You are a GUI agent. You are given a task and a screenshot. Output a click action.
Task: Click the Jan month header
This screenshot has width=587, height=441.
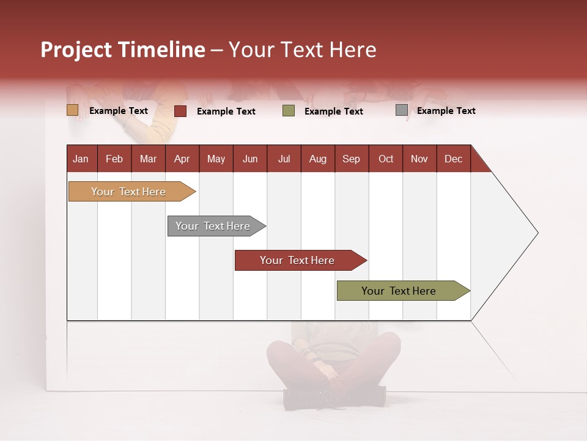pyautogui.click(x=81, y=159)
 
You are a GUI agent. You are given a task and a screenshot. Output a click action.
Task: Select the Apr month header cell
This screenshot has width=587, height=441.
pyautogui.click(x=182, y=159)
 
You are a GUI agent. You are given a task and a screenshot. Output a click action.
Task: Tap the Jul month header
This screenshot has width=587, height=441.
pyautogui.click(x=284, y=159)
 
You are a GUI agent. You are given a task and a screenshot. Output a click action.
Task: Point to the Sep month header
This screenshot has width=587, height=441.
pyautogui.click(x=351, y=159)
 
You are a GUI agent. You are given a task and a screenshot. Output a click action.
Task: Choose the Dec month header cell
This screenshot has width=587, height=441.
pyautogui.click(x=453, y=159)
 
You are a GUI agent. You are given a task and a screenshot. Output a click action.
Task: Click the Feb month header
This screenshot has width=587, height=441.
pyautogui.click(x=114, y=159)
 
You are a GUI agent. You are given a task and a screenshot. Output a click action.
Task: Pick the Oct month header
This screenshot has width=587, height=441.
pyautogui.click(x=385, y=159)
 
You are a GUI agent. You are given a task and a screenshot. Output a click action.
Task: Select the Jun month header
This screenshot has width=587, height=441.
pyautogui.click(x=249, y=159)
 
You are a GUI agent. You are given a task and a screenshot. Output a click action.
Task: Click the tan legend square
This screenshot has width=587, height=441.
pyautogui.click(x=73, y=110)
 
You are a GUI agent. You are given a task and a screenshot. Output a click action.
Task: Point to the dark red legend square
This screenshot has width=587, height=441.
pyautogui.click(x=180, y=111)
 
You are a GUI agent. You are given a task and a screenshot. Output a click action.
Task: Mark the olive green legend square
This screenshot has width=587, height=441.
pyautogui.click(x=289, y=111)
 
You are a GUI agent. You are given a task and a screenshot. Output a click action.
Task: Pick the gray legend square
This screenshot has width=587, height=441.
pyautogui.click(x=401, y=110)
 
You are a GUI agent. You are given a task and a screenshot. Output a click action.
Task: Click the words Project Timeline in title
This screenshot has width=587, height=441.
pyautogui.click(x=123, y=50)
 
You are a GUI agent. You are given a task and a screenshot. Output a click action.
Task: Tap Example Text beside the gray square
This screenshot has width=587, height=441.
pyautogui.click(x=446, y=110)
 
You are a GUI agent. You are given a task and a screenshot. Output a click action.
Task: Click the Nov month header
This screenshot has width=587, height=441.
pyautogui.click(x=419, y=159)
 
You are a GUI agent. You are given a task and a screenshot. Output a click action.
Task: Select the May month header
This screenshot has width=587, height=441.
pyautogui.click(x=216, y=159)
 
